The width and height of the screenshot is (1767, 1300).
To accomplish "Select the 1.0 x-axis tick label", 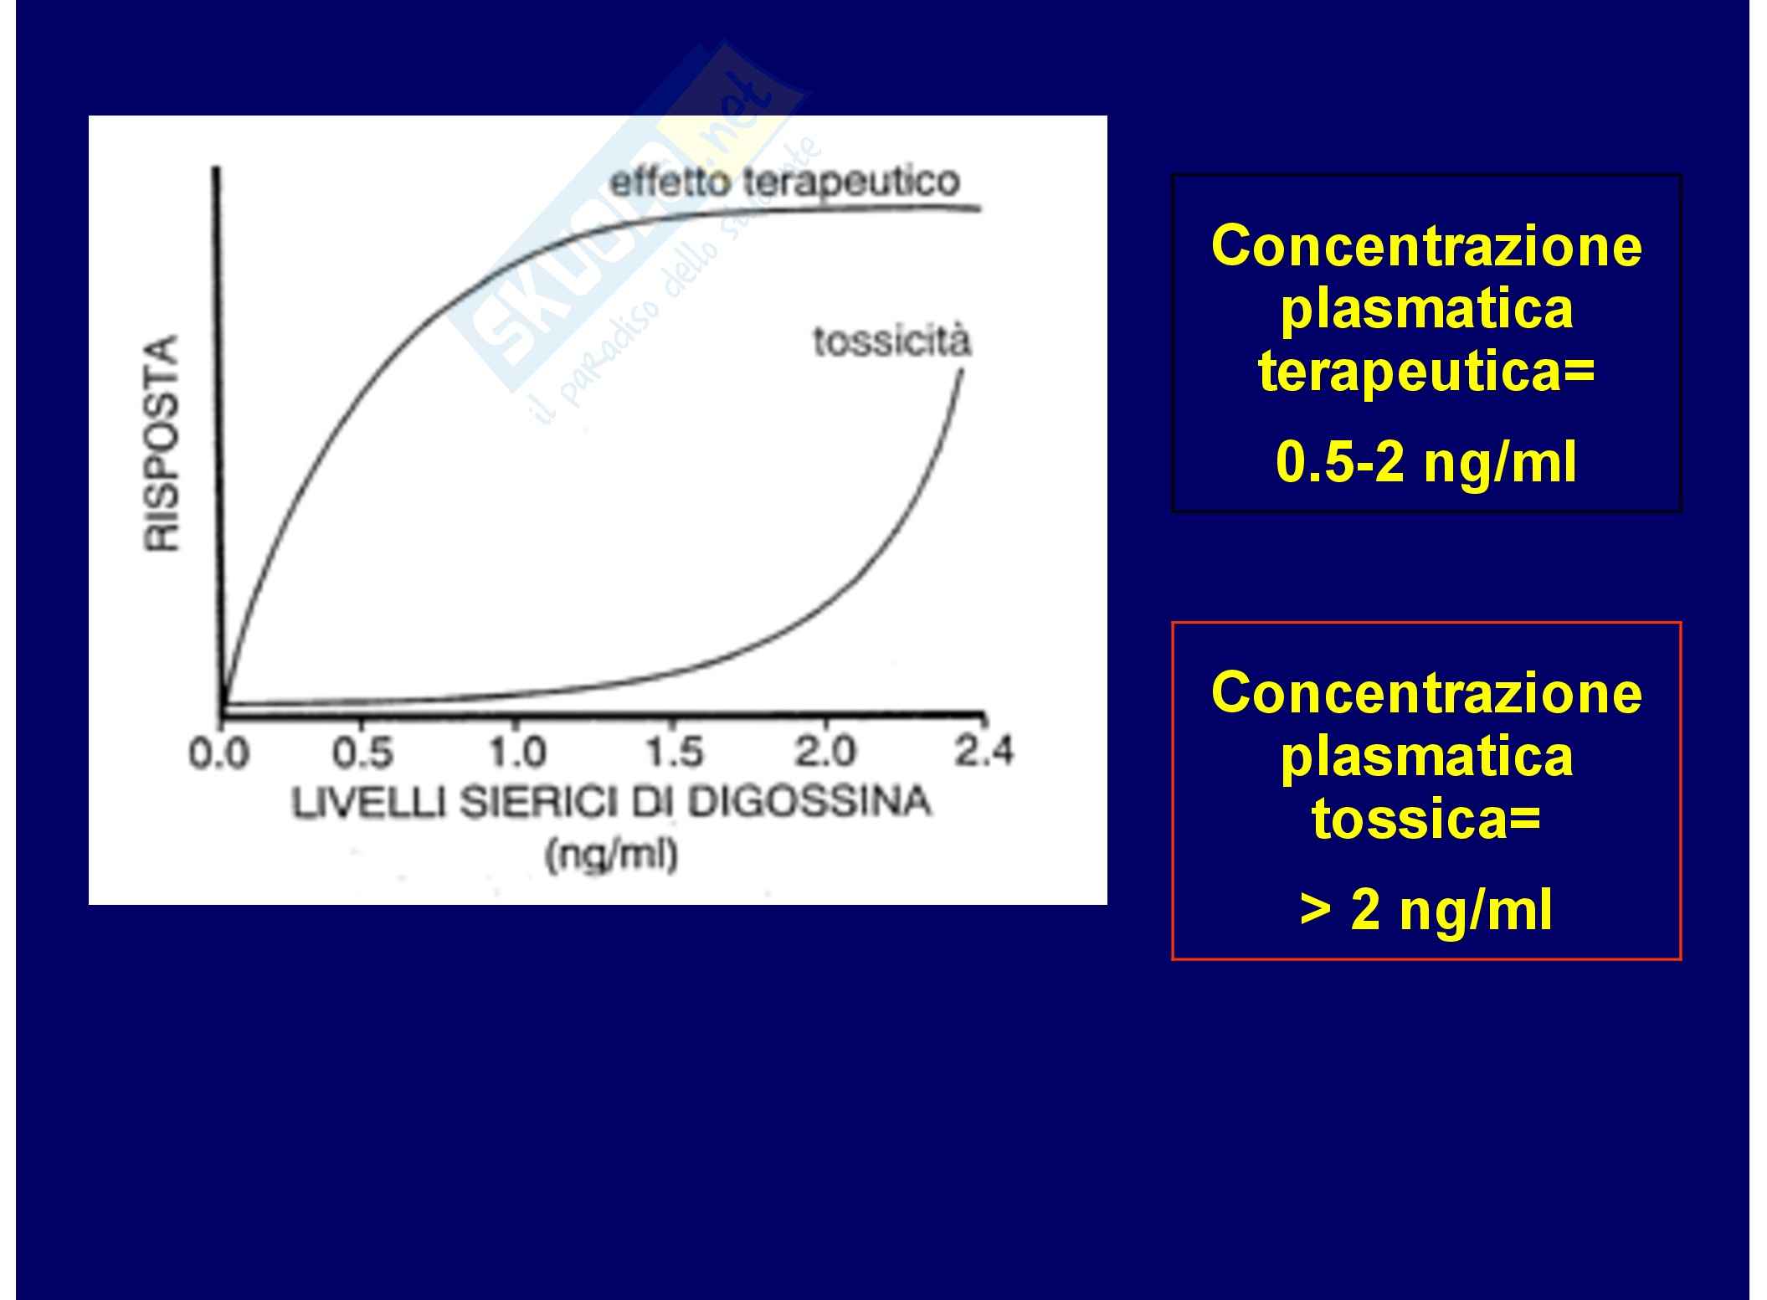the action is pos(516,753).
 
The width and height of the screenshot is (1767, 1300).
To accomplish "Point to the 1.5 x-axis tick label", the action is pos(675,753).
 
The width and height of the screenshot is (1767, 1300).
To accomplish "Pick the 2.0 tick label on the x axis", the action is pos(825,752).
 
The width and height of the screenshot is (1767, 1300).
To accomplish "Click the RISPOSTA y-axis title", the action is pos(162,443).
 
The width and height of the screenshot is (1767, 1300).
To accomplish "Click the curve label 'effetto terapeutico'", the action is pos(784,182).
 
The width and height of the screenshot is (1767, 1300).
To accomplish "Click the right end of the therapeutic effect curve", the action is pos(979,208).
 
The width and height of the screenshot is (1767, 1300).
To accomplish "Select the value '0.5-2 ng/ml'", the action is pos(1426,462).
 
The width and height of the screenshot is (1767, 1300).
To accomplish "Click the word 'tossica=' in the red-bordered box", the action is pos(1426,819).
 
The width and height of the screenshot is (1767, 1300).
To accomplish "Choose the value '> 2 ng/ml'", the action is pos(1426,909).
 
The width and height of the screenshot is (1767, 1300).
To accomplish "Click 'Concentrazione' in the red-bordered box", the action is pos(1426,693).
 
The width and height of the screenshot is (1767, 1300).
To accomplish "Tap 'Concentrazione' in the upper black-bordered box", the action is pos(1426,246).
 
